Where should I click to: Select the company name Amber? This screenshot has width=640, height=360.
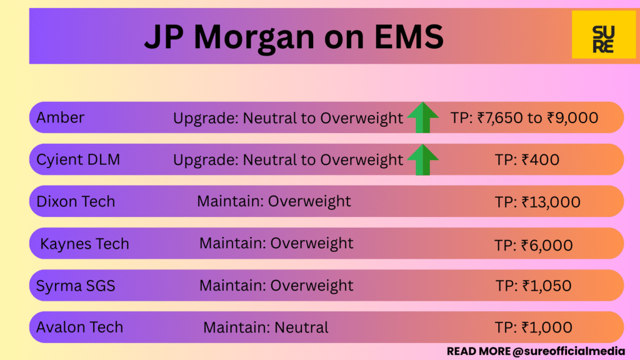coord(61,117)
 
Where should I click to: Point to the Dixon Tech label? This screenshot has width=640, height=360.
coord(76,201)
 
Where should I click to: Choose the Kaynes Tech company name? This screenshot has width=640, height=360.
coord(84,244)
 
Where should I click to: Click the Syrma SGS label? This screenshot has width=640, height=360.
coord(76,286)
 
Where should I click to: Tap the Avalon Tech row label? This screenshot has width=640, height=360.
coord(79,327)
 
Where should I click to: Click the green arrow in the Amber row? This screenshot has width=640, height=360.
coord(423,117)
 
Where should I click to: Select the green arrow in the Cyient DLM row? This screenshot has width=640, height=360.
coord(423,160)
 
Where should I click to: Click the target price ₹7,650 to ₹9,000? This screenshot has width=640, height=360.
coord(524,117)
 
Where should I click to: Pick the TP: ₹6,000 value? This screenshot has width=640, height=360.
coord(533,244)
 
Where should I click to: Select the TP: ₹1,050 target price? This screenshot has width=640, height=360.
coord(533,286)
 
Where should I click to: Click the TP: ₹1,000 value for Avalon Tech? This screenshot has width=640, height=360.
coord(533,327)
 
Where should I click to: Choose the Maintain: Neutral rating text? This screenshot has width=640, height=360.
coord(266,327)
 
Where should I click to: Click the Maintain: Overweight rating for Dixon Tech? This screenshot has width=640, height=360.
coord(274,201)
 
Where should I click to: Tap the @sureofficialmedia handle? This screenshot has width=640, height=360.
coord(569,351)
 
